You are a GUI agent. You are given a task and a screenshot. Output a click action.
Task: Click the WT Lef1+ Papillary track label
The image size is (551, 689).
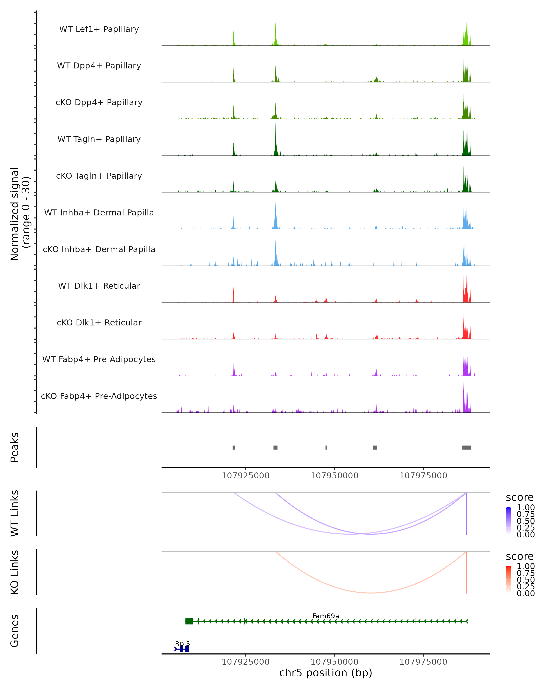(x=99, y=29)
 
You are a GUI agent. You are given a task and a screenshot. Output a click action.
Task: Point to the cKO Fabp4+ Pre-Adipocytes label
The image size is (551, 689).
(x=99, y=396)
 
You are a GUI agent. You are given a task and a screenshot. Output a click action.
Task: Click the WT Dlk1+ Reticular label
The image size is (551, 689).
(x=99, y=286)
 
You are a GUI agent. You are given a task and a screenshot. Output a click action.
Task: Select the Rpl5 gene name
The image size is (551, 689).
(x=182, y=644)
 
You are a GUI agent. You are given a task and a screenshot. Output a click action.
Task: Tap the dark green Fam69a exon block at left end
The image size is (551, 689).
(x=189, y=621)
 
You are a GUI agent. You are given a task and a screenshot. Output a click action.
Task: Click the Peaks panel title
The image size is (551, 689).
(x=15, y=447)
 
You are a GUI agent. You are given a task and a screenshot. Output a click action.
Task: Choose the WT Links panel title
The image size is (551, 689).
(x=15, y=513)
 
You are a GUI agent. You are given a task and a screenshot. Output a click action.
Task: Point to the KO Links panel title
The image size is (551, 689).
(x=15, y=572)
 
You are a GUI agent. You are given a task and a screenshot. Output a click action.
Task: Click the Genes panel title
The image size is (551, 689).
(x=15, y=631)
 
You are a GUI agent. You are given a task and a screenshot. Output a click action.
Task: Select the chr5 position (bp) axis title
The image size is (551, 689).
(x=326, y=673)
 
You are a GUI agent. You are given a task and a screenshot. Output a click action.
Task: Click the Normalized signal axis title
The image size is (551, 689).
(x=20, y=214)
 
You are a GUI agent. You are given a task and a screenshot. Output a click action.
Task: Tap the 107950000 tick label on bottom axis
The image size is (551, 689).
(x=335, y=662)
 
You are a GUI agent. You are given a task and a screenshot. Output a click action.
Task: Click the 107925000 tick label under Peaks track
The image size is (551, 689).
(x=246, y=476)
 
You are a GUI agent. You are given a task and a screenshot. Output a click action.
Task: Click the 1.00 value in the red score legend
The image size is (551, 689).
(x=526, y=566)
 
